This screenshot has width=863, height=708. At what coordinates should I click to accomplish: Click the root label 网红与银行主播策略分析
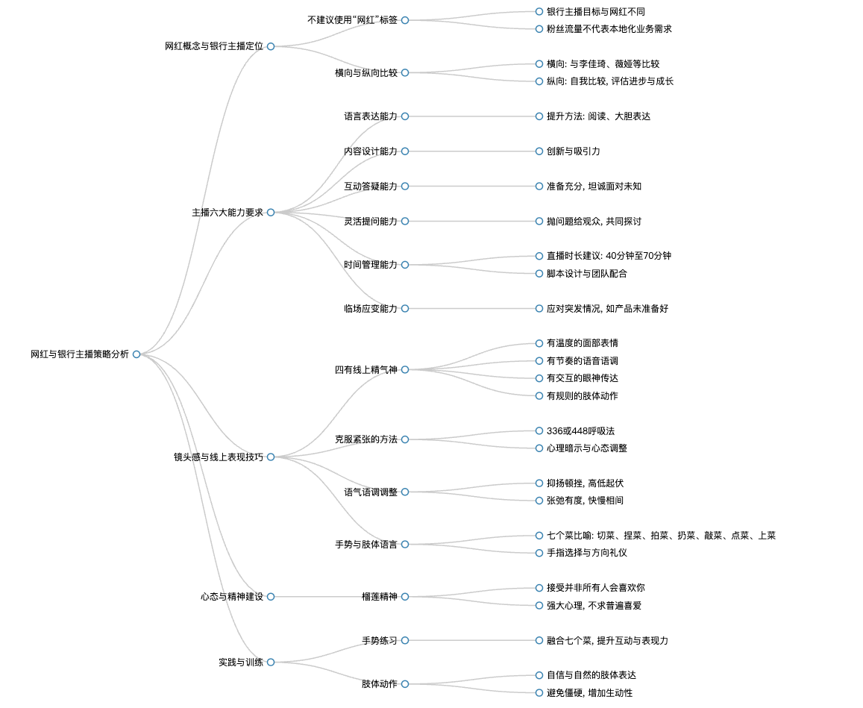pos(80,354)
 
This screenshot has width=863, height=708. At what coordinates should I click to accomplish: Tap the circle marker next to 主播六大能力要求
pos(271,213)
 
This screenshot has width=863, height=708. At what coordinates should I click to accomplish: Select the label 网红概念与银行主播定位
pos(214,46)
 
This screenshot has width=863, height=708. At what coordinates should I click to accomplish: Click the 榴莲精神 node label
pos(379,597)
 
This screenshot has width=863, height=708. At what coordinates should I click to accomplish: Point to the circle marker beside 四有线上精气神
pos(405,370)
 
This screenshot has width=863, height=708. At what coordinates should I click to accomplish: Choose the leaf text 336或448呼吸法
pos(580,431)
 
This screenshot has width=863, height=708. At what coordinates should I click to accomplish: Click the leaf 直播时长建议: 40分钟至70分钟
pos(609,256)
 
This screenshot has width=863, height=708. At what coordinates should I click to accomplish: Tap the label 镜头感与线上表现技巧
pos(219,457)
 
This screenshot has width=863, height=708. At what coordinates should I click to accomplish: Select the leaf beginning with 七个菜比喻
pos(661,536)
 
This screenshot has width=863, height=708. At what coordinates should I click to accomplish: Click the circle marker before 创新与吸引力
pos(539,151)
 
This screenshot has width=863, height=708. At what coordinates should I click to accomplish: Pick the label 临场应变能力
pos(371,309)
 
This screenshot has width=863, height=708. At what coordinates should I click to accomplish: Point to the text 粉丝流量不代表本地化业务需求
pos(609,29)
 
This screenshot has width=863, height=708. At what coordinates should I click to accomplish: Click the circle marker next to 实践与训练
pos(271,662)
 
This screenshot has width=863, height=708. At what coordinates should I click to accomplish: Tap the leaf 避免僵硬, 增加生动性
pos(589,693)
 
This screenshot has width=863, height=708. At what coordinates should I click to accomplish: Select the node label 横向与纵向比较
pos(366,72)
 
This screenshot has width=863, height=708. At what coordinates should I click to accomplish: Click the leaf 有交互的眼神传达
pos(583,378)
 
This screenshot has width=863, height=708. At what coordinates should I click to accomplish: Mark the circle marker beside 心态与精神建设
pos(271,597)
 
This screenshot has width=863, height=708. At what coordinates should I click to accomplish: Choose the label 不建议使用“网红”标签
pos(352,20)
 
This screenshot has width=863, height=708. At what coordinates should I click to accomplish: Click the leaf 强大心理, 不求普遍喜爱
pos(594,606)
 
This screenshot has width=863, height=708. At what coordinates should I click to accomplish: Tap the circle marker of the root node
pos(136,354)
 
